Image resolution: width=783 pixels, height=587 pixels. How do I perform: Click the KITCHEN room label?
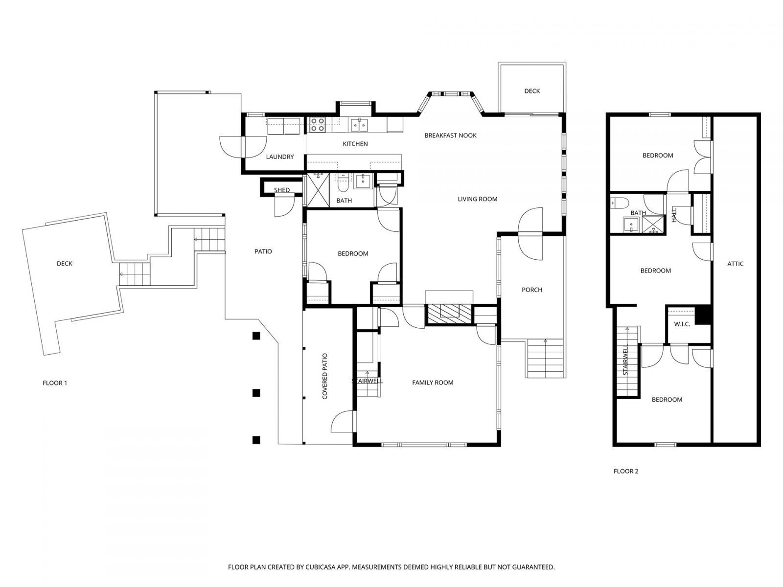click(355, 144)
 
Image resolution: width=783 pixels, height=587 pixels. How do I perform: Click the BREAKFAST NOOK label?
click(450, 135)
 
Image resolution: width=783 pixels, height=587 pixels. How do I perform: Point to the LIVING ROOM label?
click(477, 199)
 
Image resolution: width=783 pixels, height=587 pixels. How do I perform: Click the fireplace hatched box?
click(449, 314)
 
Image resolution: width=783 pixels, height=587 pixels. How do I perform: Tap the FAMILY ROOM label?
click(433, 383)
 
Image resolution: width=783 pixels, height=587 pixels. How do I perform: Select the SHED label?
click(281, 190)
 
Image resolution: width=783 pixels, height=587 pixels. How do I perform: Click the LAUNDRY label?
click(280, 157)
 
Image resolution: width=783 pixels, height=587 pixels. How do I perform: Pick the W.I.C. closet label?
click(682, 324)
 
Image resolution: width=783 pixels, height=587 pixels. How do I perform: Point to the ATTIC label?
click(735, 264)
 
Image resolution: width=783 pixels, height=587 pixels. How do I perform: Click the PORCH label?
click(531, 290)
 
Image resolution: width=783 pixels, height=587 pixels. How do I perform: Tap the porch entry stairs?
click(546, 358)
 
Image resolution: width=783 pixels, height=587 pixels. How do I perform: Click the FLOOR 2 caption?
click(626, 472)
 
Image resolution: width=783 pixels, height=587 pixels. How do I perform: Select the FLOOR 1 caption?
click(55, 383)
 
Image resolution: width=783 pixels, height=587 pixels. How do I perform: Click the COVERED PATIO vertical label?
click(324, 377)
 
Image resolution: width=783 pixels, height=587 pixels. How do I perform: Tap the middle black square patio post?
click(255, 393)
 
